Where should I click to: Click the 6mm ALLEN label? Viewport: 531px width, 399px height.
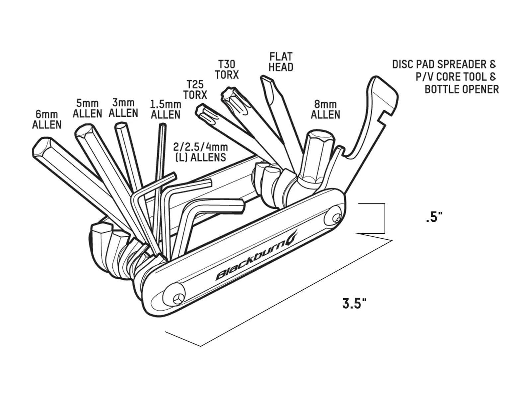47,120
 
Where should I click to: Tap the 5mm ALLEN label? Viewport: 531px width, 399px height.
87,108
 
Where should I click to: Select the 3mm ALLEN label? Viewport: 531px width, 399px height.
123,108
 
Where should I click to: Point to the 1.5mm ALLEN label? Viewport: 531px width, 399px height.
166,109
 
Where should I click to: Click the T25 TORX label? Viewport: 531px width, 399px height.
195,90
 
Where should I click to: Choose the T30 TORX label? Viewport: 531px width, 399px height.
227,69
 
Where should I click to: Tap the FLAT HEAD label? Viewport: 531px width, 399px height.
281,62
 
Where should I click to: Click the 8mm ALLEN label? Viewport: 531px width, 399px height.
325,109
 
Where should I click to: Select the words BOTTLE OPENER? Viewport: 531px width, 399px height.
462,89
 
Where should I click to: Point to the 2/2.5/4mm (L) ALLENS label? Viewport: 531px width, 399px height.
201,152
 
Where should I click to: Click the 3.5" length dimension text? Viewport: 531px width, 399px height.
354,304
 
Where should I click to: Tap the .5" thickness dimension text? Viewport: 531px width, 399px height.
434,217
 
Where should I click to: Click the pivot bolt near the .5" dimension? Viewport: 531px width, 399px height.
334,218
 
